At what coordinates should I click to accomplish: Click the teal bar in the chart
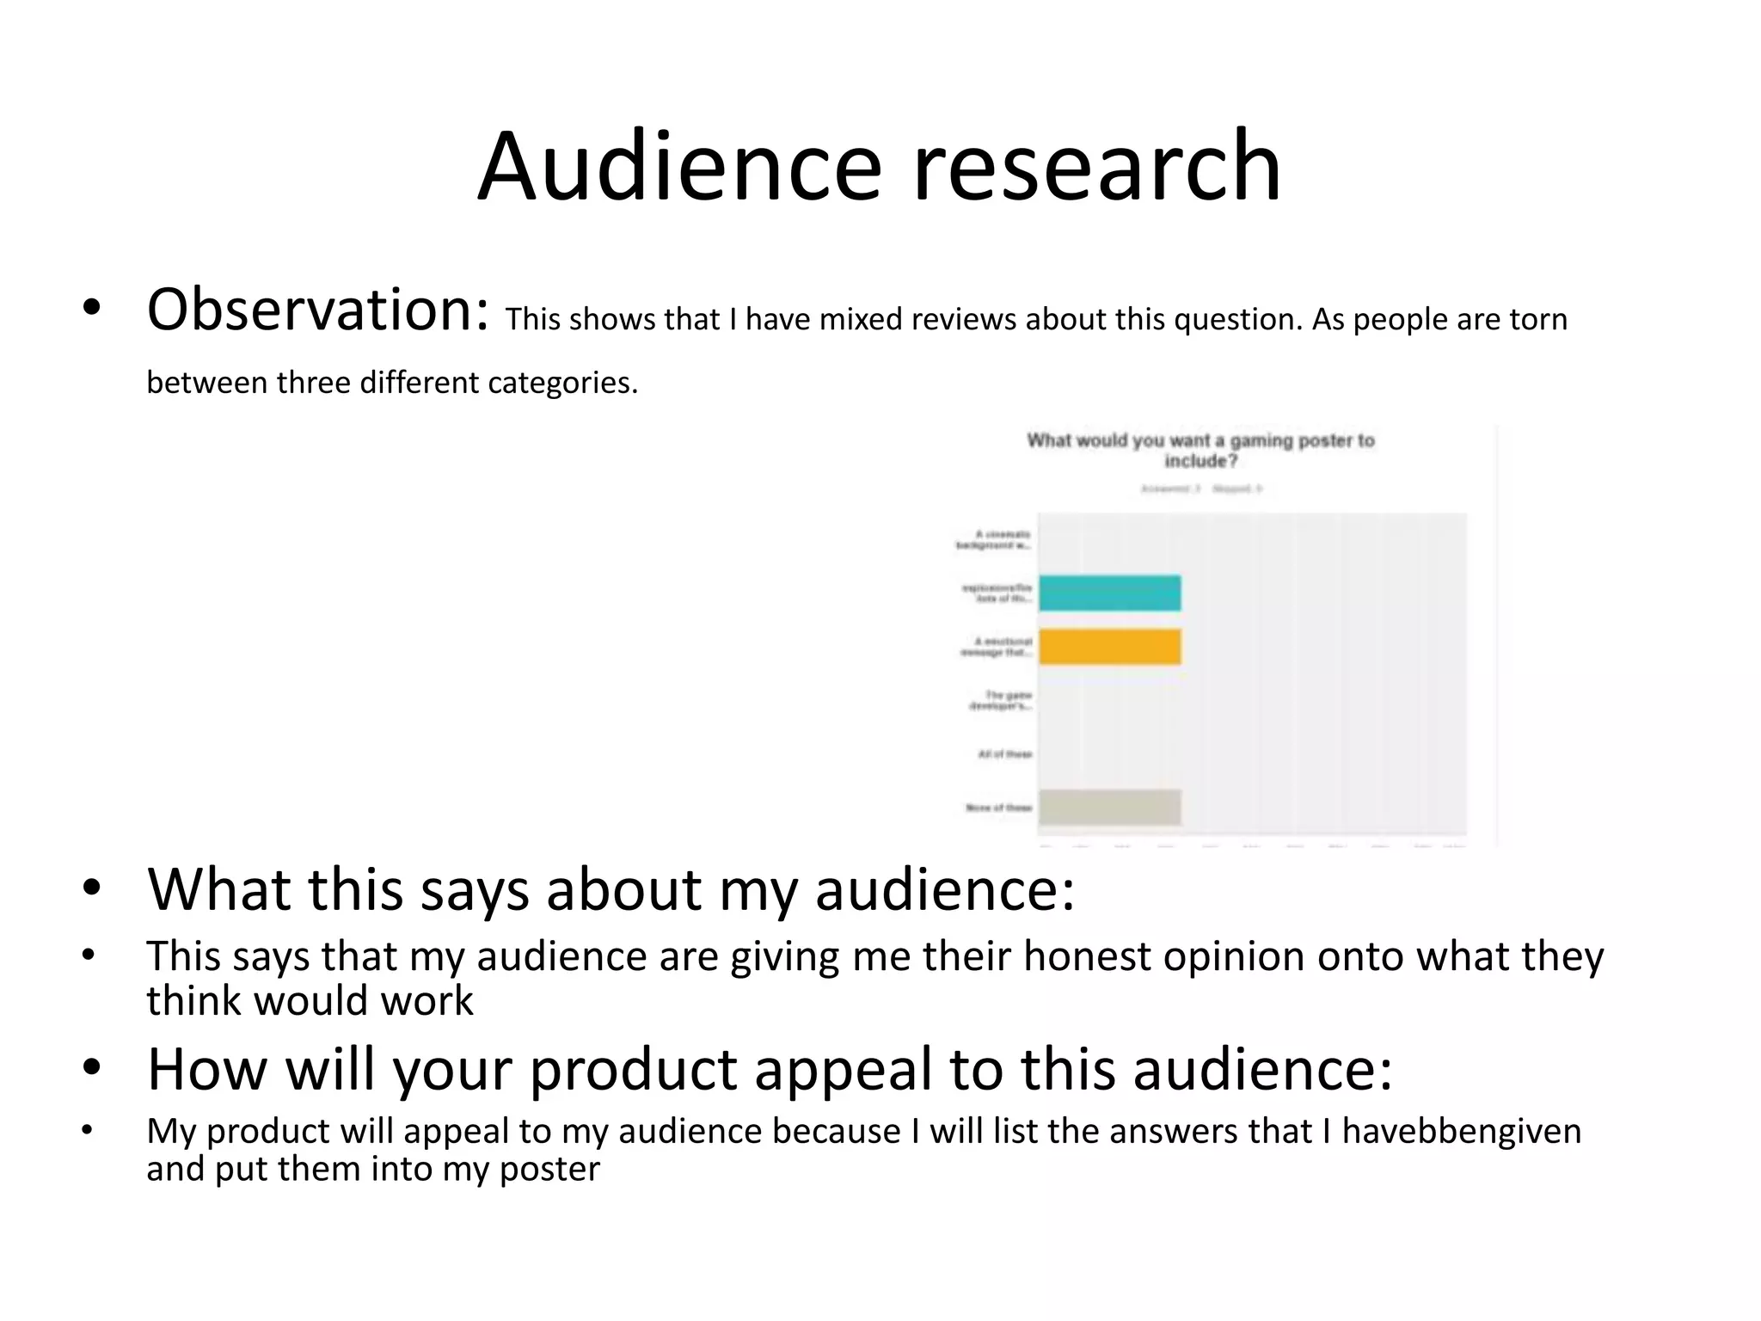click(x=1109, y=593)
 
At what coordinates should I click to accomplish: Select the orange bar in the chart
click(x=1109, y=647)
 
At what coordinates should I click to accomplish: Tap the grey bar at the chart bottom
click(x=1109, y=808)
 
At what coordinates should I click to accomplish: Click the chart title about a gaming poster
click(x=1200, y=451)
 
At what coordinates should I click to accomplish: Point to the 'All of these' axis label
click(x=1004, y=754)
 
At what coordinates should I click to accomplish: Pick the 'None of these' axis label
click(x=998, y=808)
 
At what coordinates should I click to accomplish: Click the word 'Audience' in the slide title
click(x=679, y=165)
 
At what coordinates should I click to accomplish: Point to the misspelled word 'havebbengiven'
click(x=1461, y=1131)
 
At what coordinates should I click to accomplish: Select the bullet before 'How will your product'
click(x=91, y=1067)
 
